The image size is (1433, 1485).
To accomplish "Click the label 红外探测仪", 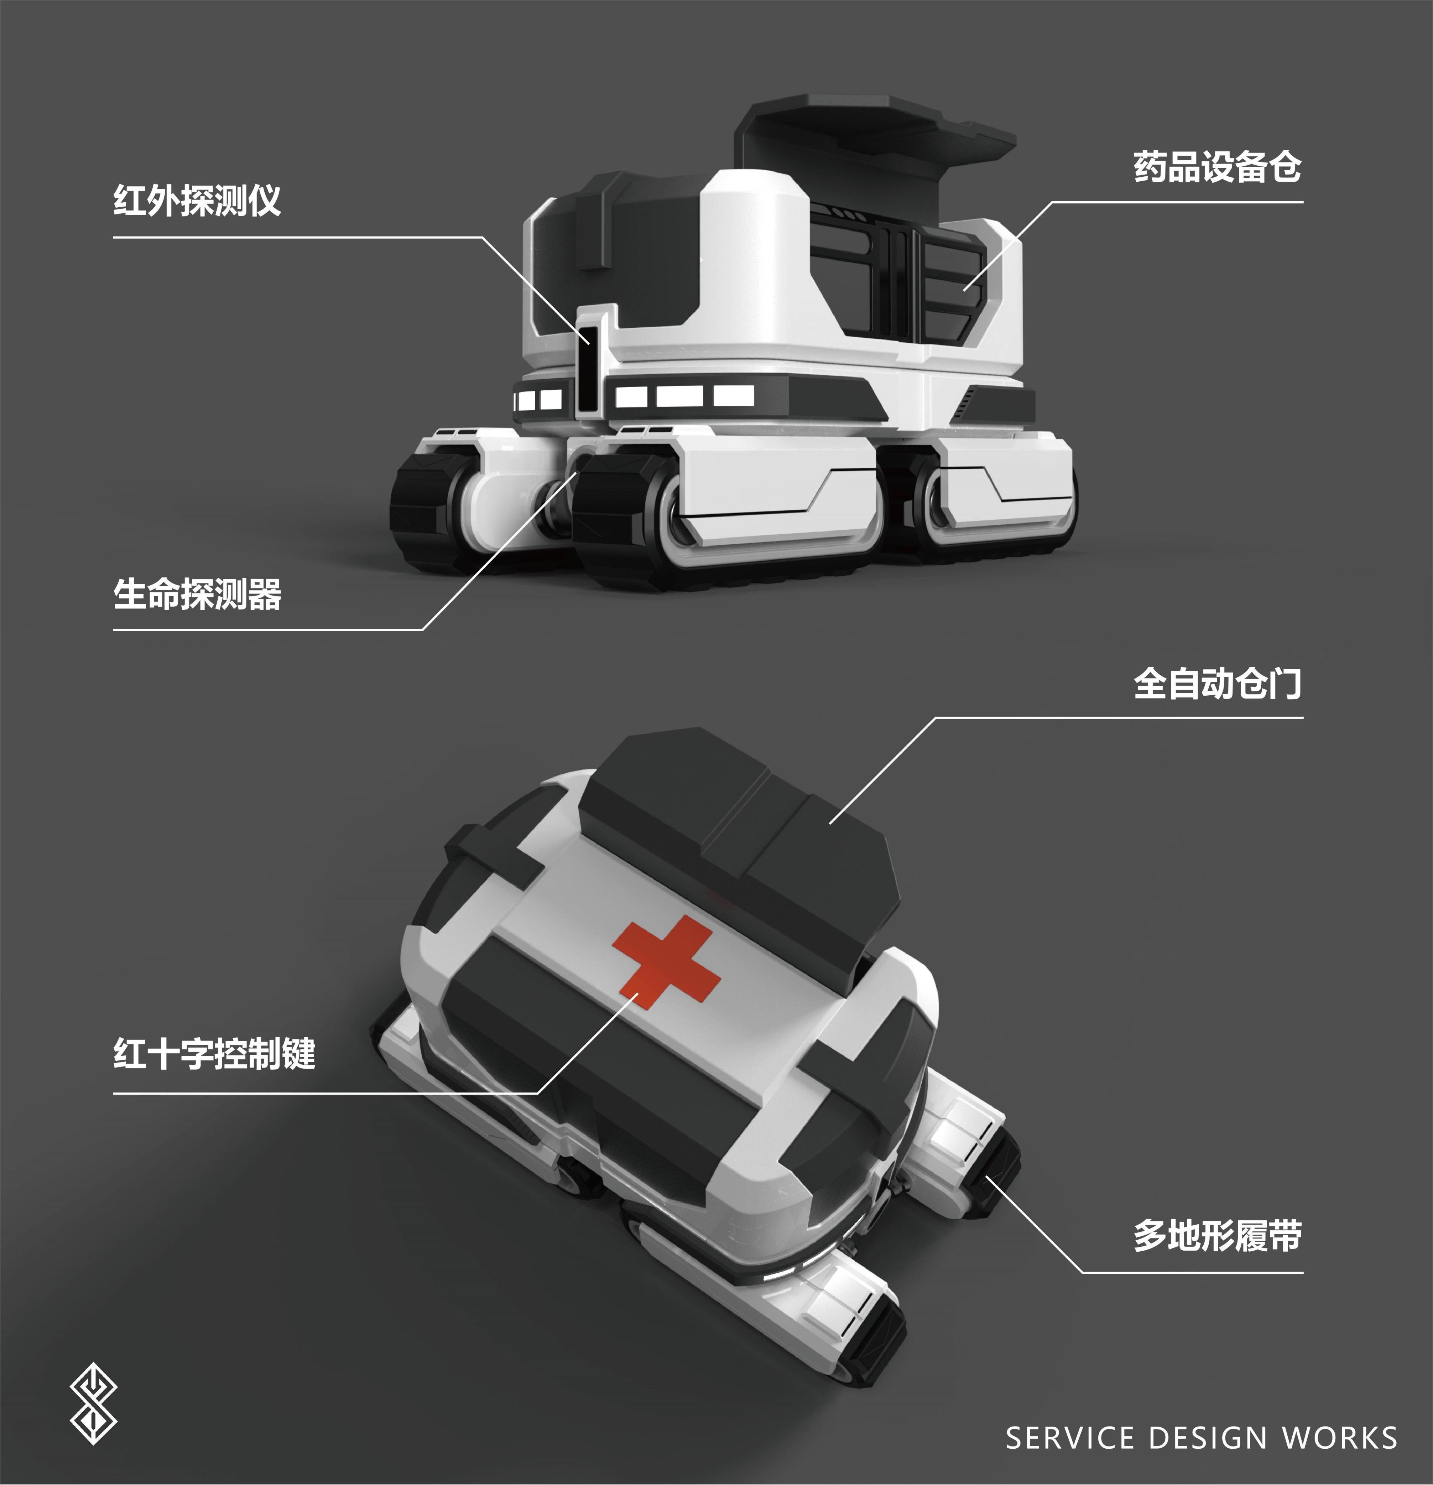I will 197,201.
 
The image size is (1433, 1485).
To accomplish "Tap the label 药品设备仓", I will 1216,167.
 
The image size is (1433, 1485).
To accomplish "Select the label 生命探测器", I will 197,595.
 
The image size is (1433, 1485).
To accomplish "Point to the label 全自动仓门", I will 1216,684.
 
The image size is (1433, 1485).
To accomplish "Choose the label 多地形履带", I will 1216,1236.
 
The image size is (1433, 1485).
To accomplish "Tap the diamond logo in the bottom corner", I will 93,1403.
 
